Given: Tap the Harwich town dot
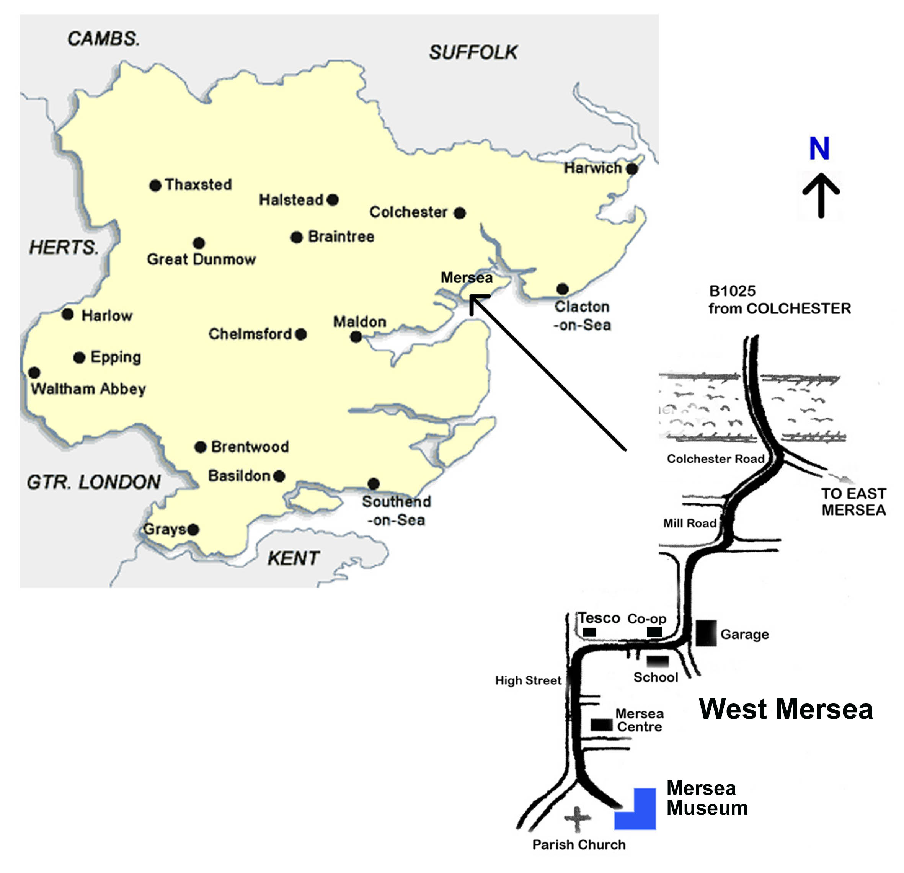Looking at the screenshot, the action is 632,169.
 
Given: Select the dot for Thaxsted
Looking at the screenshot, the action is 155,185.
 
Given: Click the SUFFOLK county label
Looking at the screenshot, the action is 473,52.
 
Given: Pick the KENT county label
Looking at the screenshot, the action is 293,558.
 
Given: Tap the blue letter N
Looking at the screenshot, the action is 819,148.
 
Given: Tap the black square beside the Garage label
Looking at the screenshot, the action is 706,633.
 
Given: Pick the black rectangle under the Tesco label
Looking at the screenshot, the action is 589,632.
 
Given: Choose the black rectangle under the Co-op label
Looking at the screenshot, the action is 654,632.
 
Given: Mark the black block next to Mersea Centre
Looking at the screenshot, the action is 601,725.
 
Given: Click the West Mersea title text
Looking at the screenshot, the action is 785,709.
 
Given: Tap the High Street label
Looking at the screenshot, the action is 528,680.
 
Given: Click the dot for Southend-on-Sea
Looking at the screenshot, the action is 374,484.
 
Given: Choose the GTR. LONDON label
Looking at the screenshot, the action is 94,482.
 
